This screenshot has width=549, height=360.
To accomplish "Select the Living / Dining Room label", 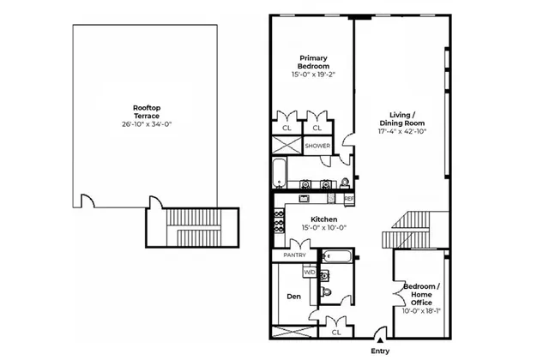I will coord(402,119).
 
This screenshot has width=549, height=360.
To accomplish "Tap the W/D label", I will coord(311,273).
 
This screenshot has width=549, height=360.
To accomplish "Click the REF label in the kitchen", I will coord(349,199).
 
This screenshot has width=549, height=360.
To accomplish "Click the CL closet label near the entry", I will coord(335,332).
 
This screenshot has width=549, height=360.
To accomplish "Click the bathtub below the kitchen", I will coord(335,255).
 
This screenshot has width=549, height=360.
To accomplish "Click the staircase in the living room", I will coord(413,228).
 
